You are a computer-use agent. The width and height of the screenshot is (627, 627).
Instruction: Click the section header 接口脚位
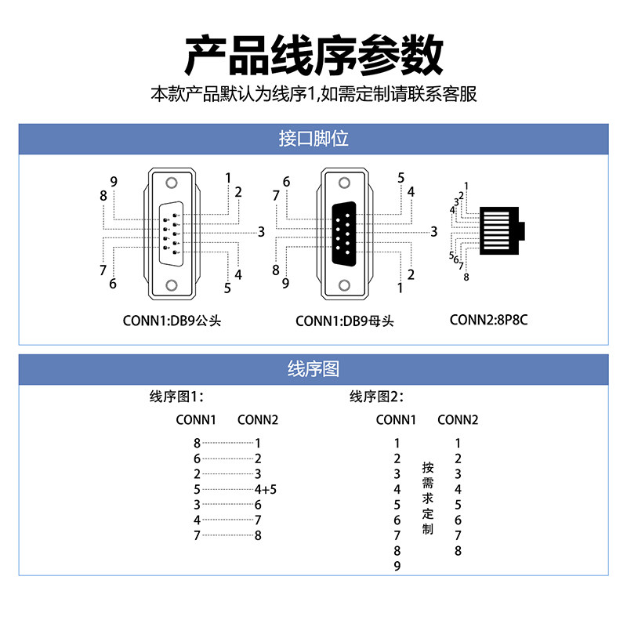coord(313,140)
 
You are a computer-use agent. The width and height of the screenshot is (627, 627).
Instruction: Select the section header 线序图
coord(313,369)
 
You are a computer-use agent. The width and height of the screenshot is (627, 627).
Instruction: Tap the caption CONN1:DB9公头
coord(172,321)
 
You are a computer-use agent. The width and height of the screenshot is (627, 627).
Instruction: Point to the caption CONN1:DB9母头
coord(346,321)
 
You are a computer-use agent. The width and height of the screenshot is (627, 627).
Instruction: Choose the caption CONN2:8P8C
coord(487,320)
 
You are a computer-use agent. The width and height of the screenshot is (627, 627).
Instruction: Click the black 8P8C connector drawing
coord(502,232)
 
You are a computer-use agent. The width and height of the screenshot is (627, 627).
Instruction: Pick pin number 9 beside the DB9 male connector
coord(114,183)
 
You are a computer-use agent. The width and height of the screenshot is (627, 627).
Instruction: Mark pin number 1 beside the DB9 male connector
coord(228,178)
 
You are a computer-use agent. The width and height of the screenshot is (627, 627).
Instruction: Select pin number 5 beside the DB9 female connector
coord(400,178)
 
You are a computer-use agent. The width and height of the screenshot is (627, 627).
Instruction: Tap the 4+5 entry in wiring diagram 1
coord(266,489)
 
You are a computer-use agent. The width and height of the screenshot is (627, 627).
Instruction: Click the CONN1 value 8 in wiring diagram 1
coord(197,443)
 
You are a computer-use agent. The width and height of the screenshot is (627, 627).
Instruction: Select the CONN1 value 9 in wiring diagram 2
coord(397,566)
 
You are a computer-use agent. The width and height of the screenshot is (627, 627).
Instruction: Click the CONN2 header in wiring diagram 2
coord(458,420)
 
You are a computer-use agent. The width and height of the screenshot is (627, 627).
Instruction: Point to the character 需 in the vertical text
coord(427,483)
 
